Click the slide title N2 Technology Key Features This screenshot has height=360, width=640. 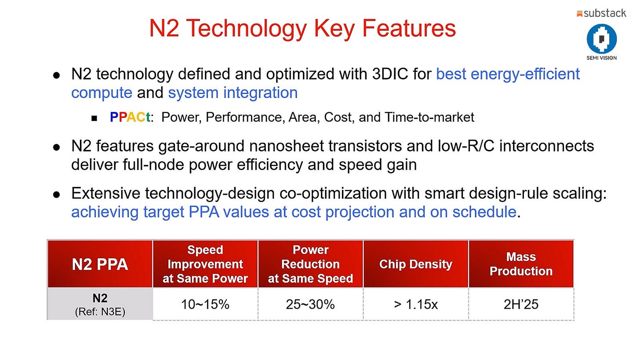[x=302, y=29]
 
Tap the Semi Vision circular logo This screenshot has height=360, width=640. [x=601, y=39]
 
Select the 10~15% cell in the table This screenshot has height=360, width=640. [x=205, y=304]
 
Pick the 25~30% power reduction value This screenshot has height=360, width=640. [x=310, y=304]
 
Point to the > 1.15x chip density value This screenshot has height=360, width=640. [x=415, y=304]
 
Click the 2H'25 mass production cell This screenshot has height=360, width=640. [x=521, y=304]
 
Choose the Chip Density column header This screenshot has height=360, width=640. [x=415, y=264]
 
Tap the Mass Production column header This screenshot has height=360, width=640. [x=521, y=264]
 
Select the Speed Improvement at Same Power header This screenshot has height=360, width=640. [x=205, y=264]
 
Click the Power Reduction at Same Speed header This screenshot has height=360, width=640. [x=310, y=264]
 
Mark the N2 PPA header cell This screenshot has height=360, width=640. [x=100, y=264]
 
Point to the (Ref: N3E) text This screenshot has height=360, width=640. [x=100, y=312]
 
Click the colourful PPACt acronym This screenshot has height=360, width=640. [x=131, y=117]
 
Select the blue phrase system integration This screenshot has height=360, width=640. [x=233, y=93]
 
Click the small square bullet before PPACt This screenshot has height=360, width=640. [x=94, y=118]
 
